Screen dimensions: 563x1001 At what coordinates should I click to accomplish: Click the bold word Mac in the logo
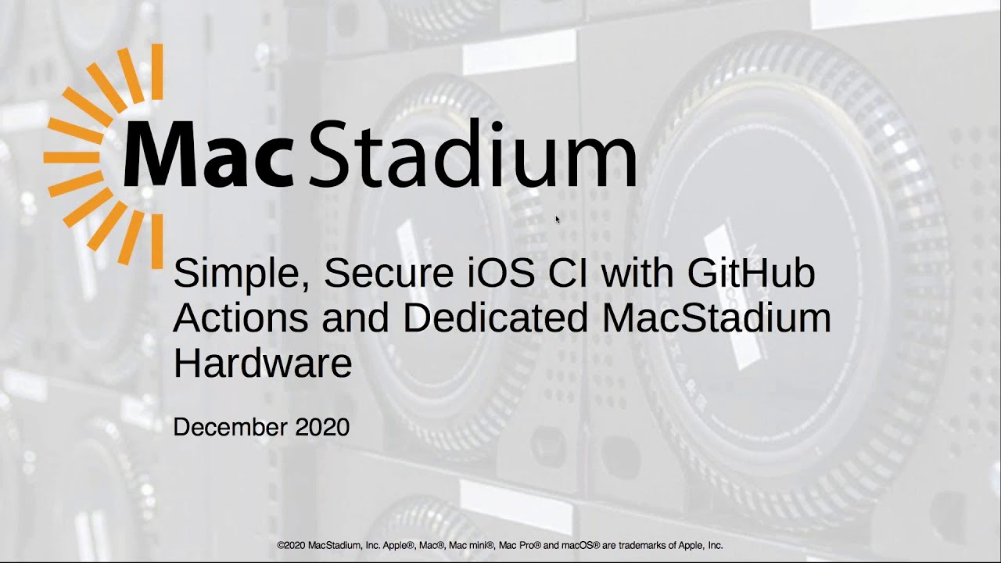click(x=207, y=155)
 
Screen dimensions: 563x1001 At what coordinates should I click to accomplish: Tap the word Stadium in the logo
click(x=474, y=155)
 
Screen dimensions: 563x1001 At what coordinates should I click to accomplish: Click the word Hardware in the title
click(x=262, y=363)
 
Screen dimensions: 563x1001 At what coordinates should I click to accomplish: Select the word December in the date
click(x=230, y=428)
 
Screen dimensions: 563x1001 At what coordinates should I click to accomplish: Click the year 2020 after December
click(x=322, y=428)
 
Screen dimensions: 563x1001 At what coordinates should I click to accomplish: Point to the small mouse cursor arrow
click(x=558, y=220)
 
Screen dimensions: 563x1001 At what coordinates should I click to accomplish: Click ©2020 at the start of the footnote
click(x=291, y=545)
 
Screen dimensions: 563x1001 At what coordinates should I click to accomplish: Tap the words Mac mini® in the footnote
click(x=473, y=545)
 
